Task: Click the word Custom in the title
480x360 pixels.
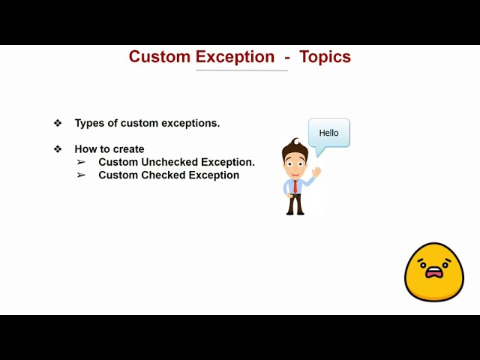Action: [x=159, y=57]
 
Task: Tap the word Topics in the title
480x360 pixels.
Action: [x=325, y=57]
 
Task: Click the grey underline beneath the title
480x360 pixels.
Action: [x=241, y=70]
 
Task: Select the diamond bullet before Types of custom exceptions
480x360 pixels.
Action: [x=58, y=123]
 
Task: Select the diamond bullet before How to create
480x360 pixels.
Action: [x=58, y=149]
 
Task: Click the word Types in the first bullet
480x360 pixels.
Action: [x=89, y=123]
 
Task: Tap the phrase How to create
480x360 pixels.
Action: [x=109, y=149]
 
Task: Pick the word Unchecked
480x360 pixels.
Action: [x=172, y=162]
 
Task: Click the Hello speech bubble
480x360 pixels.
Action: [x=329, y=133]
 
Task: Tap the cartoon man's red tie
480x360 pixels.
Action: [x=295, y=185]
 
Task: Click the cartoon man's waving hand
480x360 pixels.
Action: [x=316, y=172]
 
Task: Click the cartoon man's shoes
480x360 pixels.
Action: [x=295, y=212]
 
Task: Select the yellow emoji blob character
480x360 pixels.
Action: [x=434, y=272]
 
